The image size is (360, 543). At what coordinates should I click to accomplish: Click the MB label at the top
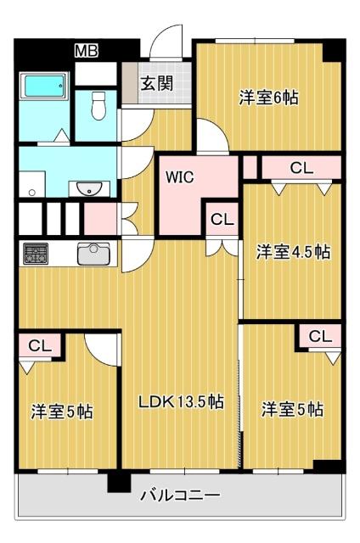click(x=86, y=51)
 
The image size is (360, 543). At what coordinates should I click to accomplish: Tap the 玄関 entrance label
click(x=156, y=83)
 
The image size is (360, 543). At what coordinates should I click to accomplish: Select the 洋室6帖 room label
click(x=267, y=97)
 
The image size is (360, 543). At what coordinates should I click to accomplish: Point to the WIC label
click(x=179, y=178)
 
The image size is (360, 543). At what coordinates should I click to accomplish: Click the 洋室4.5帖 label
click(x=293, y=251)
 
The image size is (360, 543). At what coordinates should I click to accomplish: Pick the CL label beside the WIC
click(x=222, y=220)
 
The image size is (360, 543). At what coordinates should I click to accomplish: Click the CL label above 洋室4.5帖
click(x=301, y=168)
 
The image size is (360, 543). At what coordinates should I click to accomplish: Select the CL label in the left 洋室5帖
click(x=39, y=345)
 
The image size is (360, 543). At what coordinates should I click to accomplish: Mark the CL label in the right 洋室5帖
click(x=319, y=336)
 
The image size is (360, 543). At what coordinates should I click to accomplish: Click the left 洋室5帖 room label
click(x=61, y=412)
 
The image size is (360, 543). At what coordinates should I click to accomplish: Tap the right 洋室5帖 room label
click(x=291, y=410)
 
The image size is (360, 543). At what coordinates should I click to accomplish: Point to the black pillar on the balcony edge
click(x=115, y=482)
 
